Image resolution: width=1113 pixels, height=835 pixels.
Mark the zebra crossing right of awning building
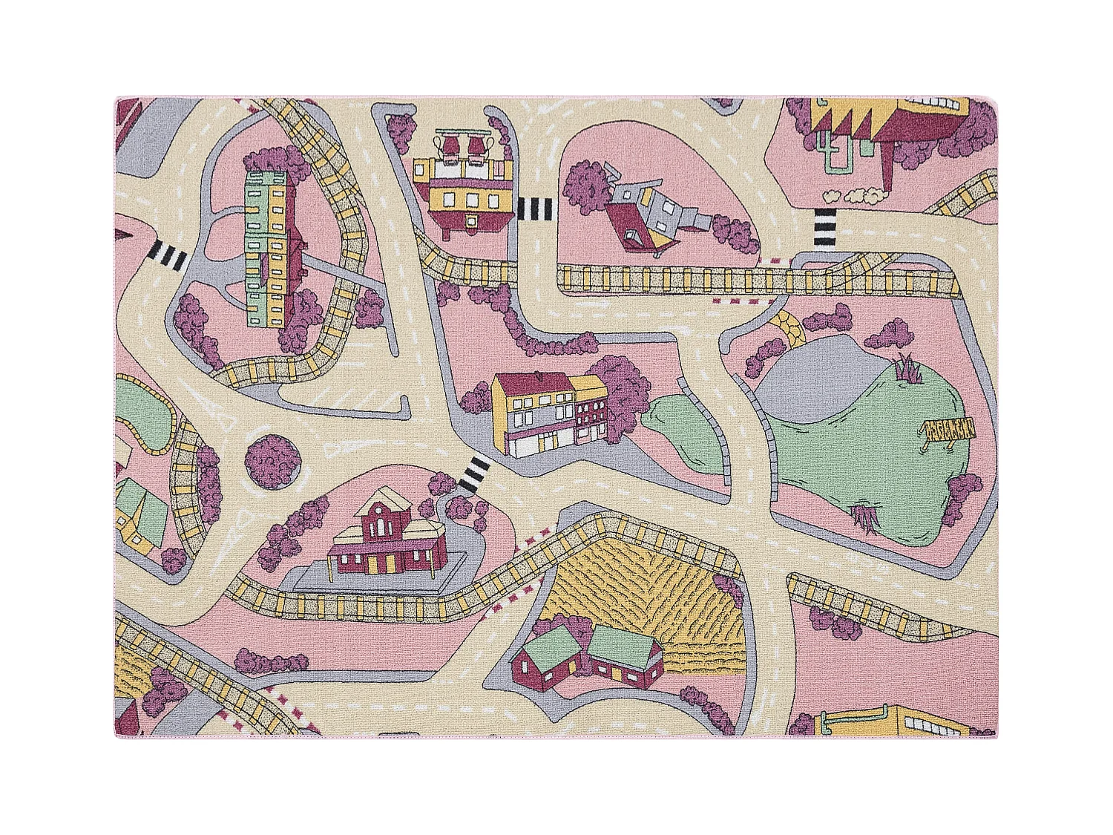tap(536, 209)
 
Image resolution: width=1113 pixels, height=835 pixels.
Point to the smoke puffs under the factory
tap(853, 195)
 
